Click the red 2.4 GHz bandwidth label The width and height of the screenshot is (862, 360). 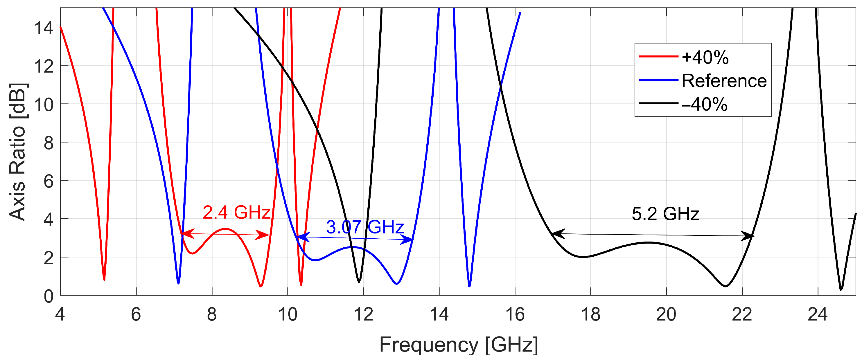click(x=236, y=213)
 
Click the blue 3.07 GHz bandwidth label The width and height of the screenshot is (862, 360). click(x=365, y=227)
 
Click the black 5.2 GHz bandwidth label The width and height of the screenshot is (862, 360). click(x=665, y=214)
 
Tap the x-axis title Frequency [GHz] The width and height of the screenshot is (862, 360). click(x=458, y=345)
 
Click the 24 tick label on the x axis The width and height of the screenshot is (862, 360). click(x=818, y=315)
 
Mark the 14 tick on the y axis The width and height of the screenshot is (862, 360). click(x=44, y=28)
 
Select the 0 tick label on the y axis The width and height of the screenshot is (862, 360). click(x=49, y=296)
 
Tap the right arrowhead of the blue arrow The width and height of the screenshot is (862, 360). click(x=409, y=240)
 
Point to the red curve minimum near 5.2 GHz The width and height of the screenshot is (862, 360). click(x=104, y=279)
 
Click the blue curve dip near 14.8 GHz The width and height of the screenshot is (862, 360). click(x=469, y=286)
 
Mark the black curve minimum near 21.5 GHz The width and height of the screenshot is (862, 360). click(x=725, y=286)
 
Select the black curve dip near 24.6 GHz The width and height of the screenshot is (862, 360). click(x=841, y=289)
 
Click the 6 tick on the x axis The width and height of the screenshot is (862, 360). click(x=136, y=315)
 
